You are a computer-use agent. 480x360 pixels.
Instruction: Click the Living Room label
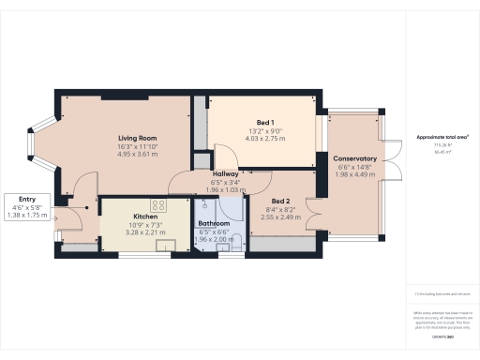click(x=137, y=137)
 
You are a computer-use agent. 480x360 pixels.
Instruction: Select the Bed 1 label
click(x=264, y=123)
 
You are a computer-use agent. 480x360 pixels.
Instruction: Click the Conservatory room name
click(x=354, y=158)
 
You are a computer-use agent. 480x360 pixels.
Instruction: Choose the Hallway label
click(x=225, y=173)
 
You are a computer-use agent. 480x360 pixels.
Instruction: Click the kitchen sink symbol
click(x=166, y=246)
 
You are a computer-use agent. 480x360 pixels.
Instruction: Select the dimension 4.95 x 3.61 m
click(x=137, y=154)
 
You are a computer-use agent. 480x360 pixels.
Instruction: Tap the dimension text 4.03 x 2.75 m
click(x=264, y=140)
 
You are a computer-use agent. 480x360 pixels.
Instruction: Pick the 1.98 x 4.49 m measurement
click(x=354, y=175)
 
